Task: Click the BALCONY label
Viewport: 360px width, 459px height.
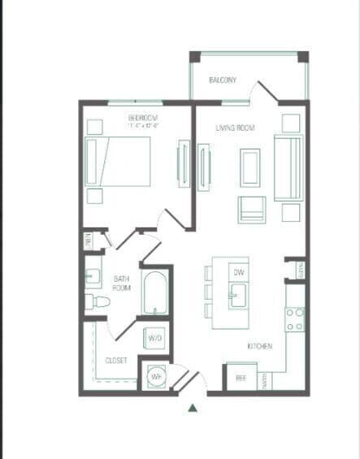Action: click(x=222, y=80)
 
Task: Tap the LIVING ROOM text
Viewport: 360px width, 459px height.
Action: click(x=236, y=128)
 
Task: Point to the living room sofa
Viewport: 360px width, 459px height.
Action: click(x=288, y=168)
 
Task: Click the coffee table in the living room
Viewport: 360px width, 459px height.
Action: click(x=249, y=167)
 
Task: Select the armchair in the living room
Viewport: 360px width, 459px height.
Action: click(x=251, y=209)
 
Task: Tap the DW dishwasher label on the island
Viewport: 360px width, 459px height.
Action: click(x=239, y=272)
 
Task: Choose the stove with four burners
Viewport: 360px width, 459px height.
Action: click(x=294, y=319)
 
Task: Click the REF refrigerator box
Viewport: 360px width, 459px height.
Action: click(x=241, y=378)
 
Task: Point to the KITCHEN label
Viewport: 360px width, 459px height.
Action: click(x=260, y=347)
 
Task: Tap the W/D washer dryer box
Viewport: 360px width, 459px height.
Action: click(x=155, y=337)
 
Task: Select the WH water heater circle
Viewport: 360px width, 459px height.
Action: click(x=154, y=376)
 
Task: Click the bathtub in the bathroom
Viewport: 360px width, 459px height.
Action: click(x=155, y=294)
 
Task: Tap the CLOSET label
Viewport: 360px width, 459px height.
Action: click(x=115, y=360)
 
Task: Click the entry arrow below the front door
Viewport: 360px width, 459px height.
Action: click(x=193, y=407)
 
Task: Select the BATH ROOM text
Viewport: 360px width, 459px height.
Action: click(x=121, y=283)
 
